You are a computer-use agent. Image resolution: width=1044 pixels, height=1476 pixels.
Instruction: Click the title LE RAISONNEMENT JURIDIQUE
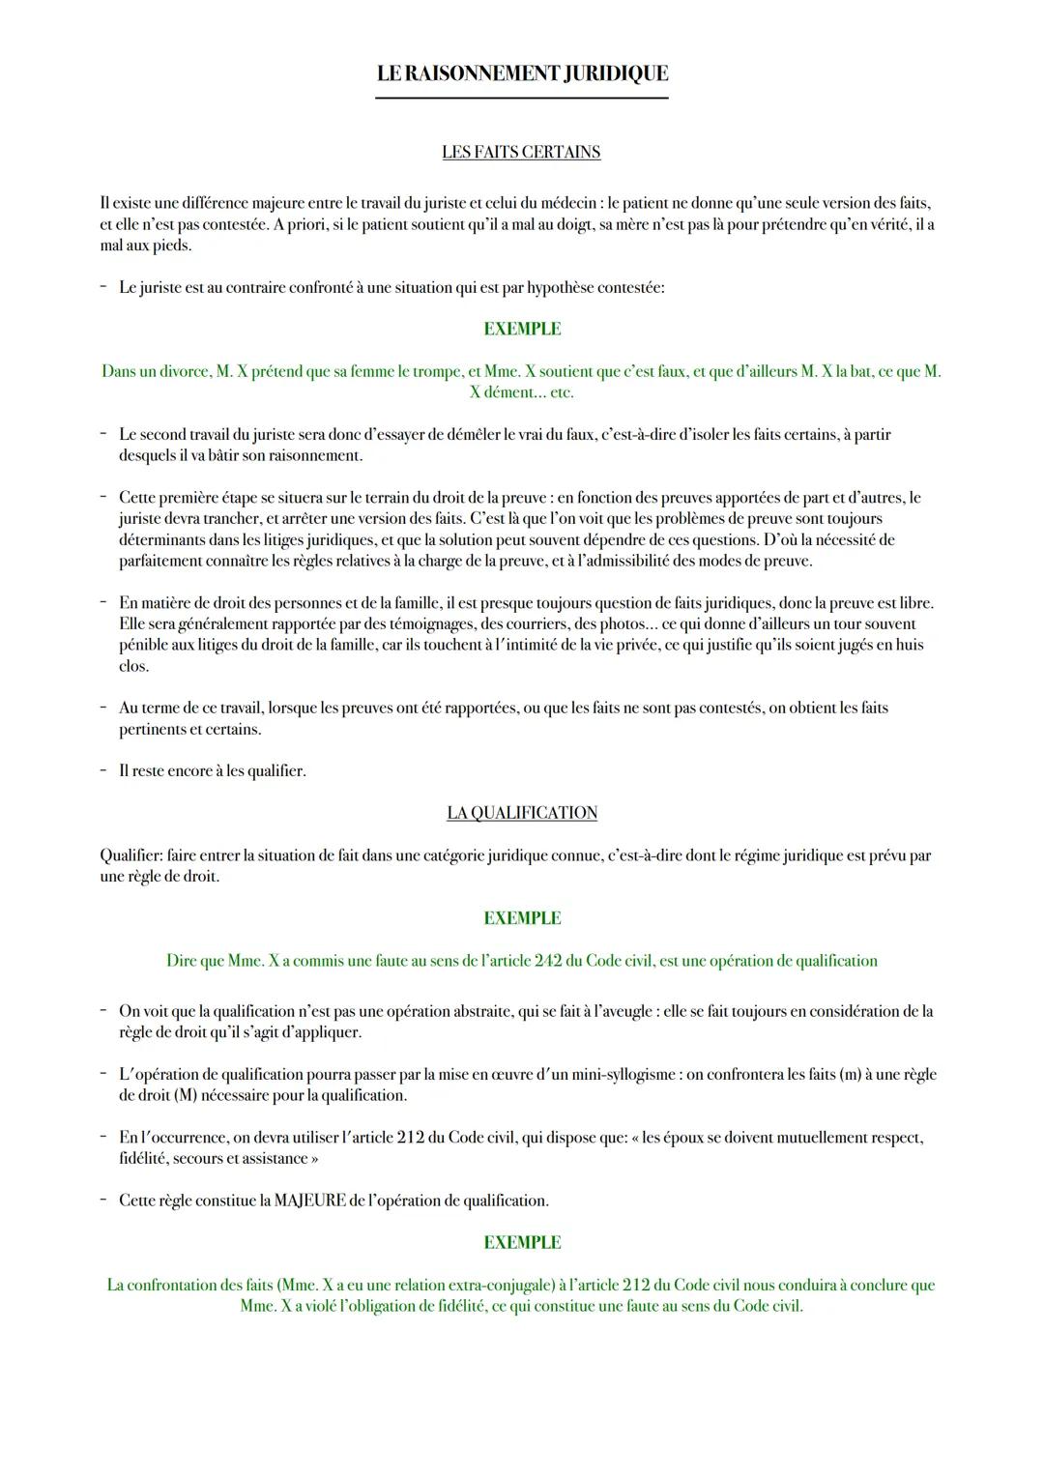pyautogui.click(x=522, y=73)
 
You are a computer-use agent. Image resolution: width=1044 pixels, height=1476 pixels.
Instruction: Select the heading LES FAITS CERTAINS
pyautogui.click(x=521, y=152)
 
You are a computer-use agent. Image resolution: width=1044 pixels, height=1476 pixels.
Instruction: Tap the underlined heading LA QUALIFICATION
pyautogui.click(x=522, y=813)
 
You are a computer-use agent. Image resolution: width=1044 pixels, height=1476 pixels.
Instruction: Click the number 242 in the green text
pyautogui.click(x=549, y=961)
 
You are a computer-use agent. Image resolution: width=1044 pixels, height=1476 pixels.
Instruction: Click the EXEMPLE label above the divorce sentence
pyautogui.click(x=522, y=330)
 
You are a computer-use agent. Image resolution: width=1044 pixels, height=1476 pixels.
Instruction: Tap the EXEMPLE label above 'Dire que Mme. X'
pyautogui.click(x=522, y=918)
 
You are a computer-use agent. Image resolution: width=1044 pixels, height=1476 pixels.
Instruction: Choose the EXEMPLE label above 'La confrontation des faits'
pyautogui.click(x=522, y=1243)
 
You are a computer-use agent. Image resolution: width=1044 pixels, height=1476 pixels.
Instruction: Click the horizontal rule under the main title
pyautogui.click(x=522, y=98)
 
